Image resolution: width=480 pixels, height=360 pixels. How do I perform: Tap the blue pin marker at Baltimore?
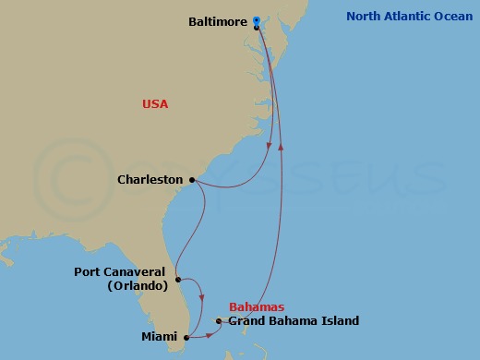coord(256,19)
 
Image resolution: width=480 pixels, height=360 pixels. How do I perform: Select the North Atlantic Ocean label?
coord(409,16)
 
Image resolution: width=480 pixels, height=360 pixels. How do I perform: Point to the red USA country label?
coord(155,104)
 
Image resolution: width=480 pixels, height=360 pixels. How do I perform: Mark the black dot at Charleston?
coord(192,180)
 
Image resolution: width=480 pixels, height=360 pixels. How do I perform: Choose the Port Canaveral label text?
coord(121,272)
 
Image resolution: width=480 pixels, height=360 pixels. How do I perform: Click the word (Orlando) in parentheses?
coord(137,286)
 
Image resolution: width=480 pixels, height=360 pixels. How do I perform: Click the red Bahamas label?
coord(257,306)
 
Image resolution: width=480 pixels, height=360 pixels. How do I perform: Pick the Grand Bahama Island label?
coord(294,321)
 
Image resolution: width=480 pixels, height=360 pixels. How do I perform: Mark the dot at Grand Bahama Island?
coord(219,321)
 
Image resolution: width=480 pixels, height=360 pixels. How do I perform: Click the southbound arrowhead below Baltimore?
coord(269,146)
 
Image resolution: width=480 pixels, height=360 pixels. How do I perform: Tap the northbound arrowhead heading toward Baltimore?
coord(281,144)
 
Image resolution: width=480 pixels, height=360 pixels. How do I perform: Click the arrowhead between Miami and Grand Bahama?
coord(209,332)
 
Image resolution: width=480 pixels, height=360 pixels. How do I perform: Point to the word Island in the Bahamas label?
coord(341,321)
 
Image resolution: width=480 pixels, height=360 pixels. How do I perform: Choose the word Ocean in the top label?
coord(452,16)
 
